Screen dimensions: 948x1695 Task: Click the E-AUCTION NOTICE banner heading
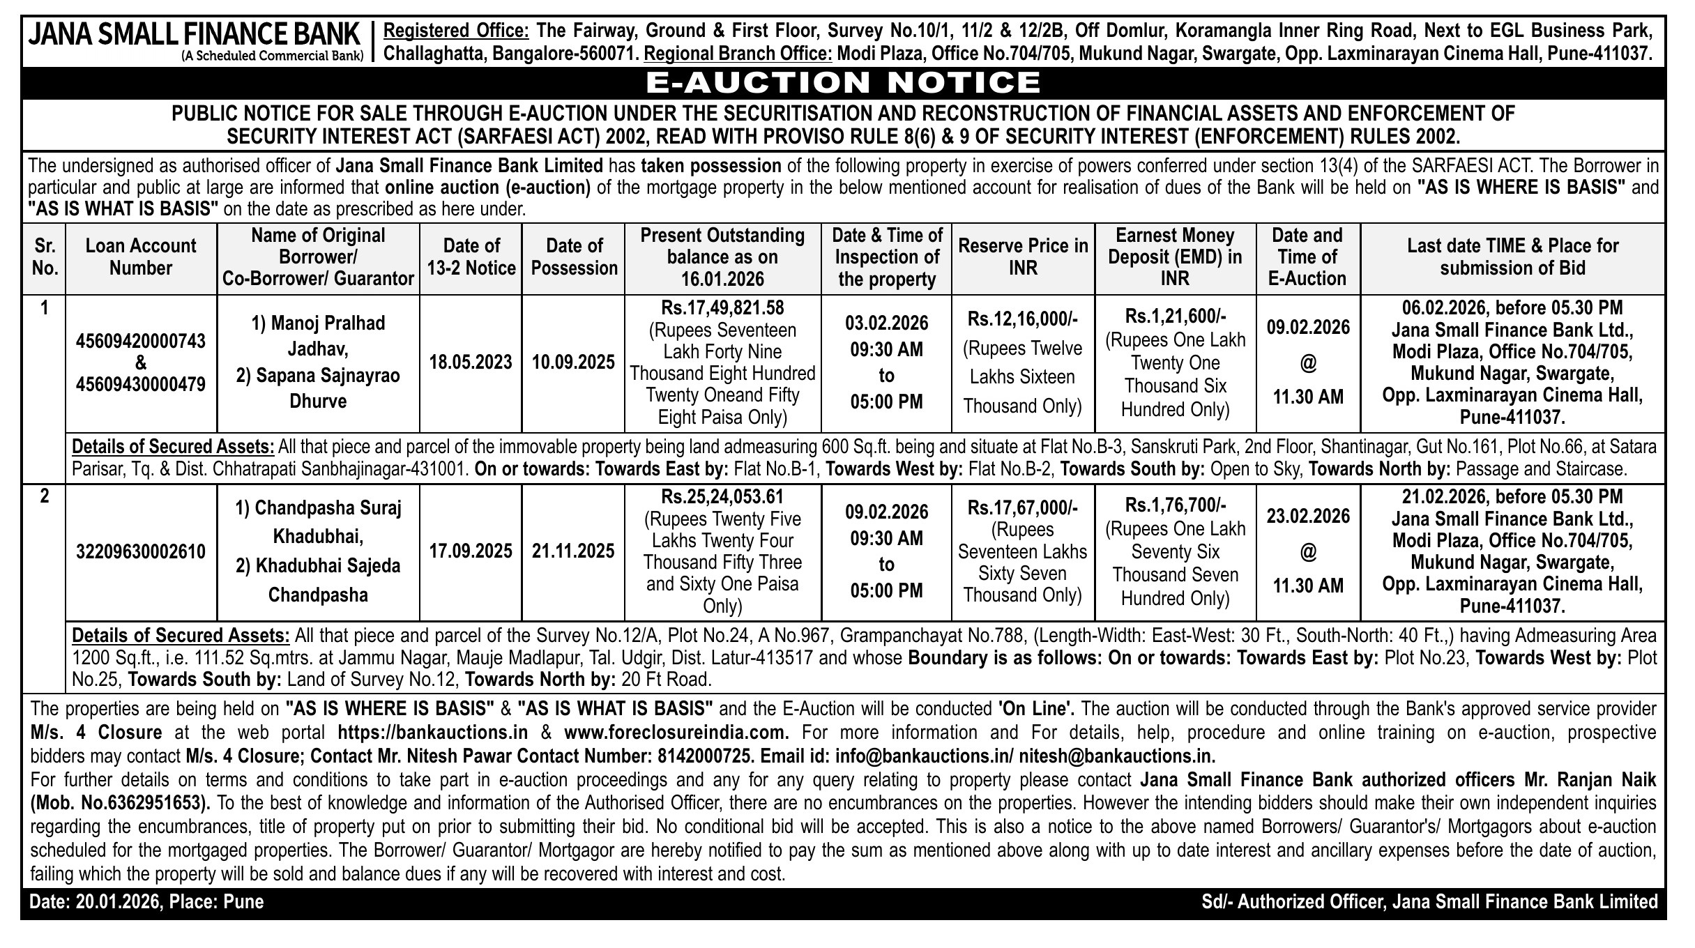(x=843, y=83)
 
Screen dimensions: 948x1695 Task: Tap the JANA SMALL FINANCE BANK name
(x=195, y=35)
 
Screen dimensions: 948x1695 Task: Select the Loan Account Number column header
(x=141, y=257)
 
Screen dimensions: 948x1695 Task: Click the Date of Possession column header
(x=574, y=257)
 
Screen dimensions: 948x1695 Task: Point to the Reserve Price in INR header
(x=1023, y=257)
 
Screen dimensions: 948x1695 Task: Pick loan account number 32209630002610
(x=141, y=552)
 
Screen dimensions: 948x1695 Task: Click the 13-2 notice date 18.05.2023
(x=471, y=362)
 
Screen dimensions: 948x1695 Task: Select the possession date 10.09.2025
(x=573, y=362)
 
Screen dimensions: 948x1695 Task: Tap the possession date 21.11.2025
(x=573, y=552)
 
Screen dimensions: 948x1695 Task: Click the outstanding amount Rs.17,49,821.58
(x=722, y=308)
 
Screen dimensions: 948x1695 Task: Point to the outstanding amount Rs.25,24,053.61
(x=722, y=497)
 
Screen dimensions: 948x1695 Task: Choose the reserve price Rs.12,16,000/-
(x=1023, y=319)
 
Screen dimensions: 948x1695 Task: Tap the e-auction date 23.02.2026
(x=1308, y=517)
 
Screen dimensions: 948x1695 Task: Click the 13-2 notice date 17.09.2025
(x=471, y=552)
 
